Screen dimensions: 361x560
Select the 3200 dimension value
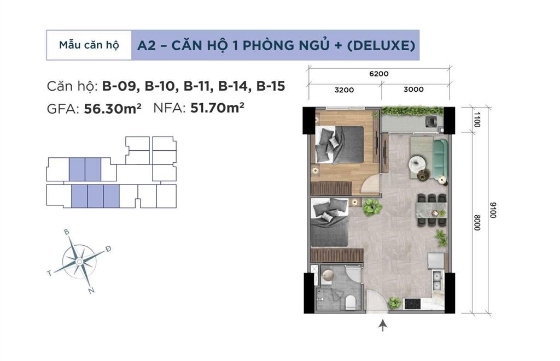[x=345, y=90]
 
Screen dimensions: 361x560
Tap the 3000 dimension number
[x=413, y=90]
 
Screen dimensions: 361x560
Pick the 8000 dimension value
[x=477, y=222]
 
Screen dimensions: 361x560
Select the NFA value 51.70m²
[x=217, y=108]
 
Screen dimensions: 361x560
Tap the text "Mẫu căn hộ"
[x=89, y=45]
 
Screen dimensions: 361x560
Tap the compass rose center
[x=80, y=262]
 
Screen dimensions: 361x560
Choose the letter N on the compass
[x=90, y=291]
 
